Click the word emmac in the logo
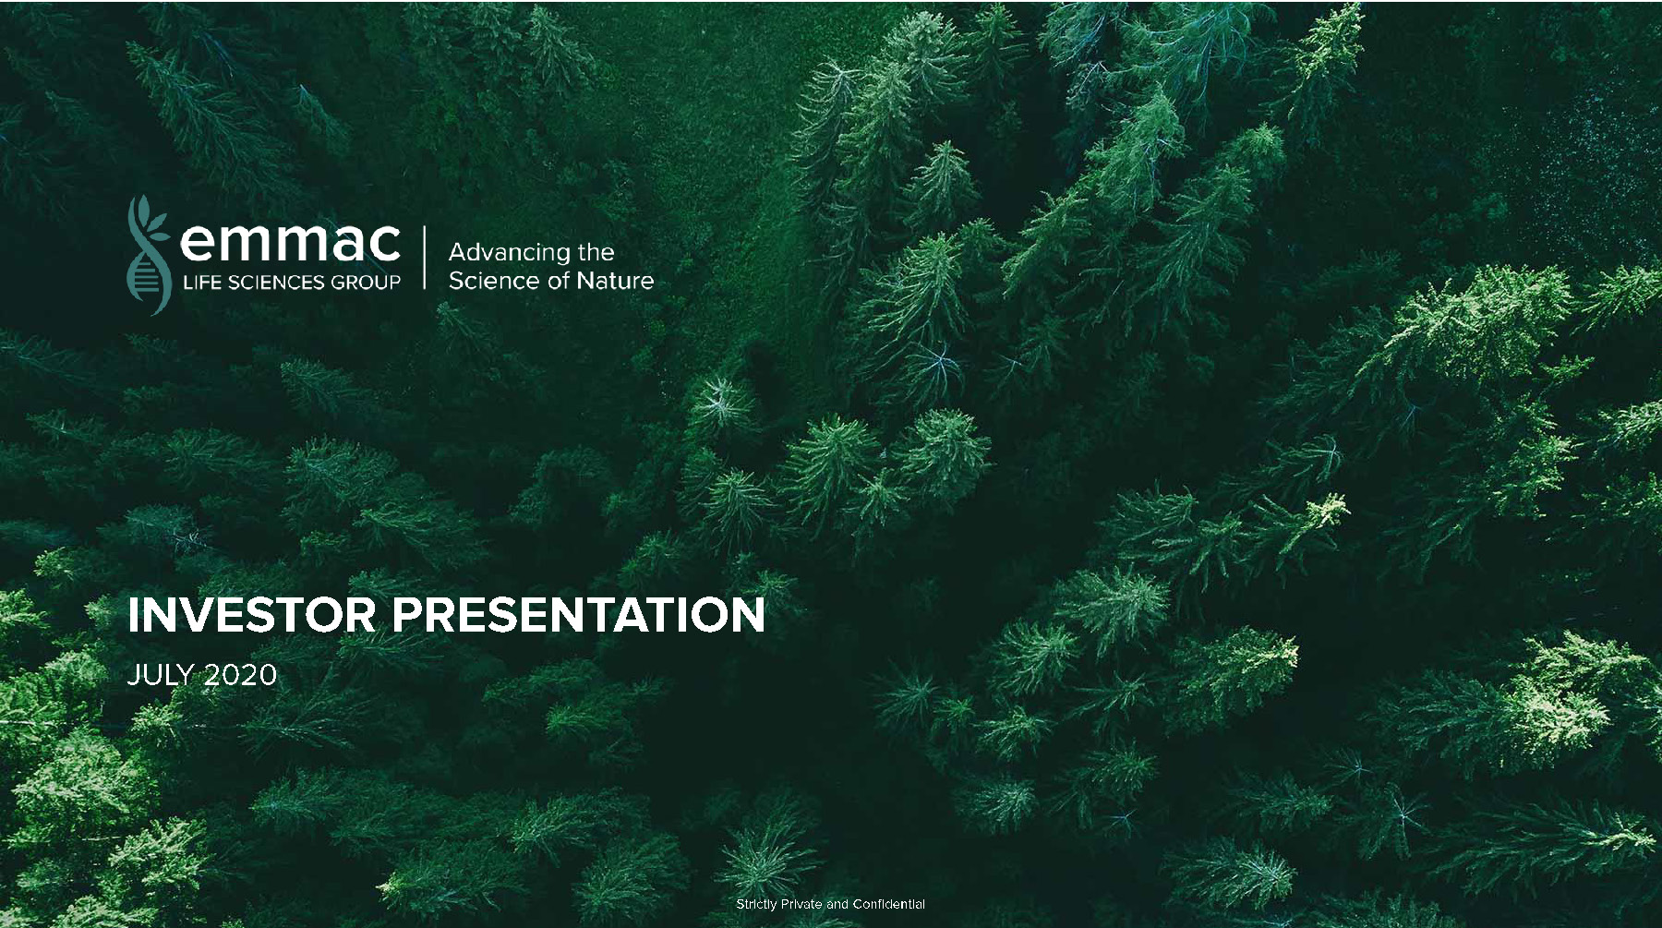pyautogui.click(x=290, y=242)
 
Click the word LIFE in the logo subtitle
pyautogui.click(x=201, y=283)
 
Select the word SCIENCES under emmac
pyautogui.click(x=276, y=283)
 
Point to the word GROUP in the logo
pyautogui.click(x=366, y=283)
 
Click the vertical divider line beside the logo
pyautogui.click(x=425, y=258)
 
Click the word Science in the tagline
pyautogui.click(x=488, y=280)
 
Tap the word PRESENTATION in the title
pyautogui.click(x=579, y=614)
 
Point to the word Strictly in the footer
pyautogui.click(x=756, y=904)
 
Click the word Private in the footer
pyautogui.click(x=801, y=904)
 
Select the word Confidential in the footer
pyautogui.click(x=889, y=904)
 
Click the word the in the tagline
pyautogui.click(x=596, y=252)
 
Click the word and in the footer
pyautogui.click(x=837, y=904)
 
